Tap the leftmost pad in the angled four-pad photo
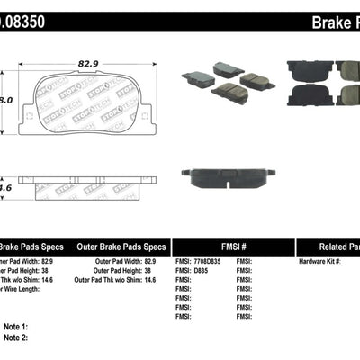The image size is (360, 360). click(x=195, y=78)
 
